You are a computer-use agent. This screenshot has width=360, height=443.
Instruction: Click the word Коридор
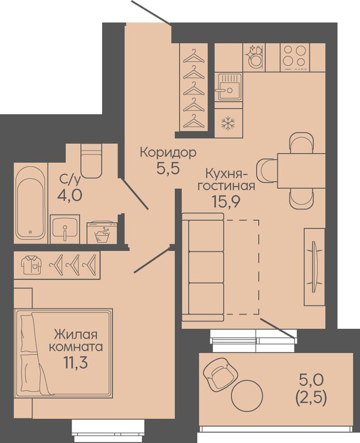coord(168,153)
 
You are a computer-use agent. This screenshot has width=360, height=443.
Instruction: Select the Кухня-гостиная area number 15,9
coord(226,202)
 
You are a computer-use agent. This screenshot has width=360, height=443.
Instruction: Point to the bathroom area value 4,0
coord(70,194)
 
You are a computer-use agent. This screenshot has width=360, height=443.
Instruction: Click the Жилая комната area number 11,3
coord(76,362)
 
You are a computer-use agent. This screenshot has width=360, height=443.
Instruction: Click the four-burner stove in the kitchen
coord(295,58)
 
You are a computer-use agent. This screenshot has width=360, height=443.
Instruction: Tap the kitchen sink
coord(228,87)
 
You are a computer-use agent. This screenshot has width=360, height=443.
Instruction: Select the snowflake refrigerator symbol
coord(228,124)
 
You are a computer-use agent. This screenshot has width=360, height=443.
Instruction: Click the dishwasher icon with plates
coord(254,57)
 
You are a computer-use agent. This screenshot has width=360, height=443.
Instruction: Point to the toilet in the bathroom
coord(91,161)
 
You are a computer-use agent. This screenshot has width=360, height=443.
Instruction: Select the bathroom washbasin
coord(65,229)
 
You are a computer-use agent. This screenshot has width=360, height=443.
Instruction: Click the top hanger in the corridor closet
coord(194,56)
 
